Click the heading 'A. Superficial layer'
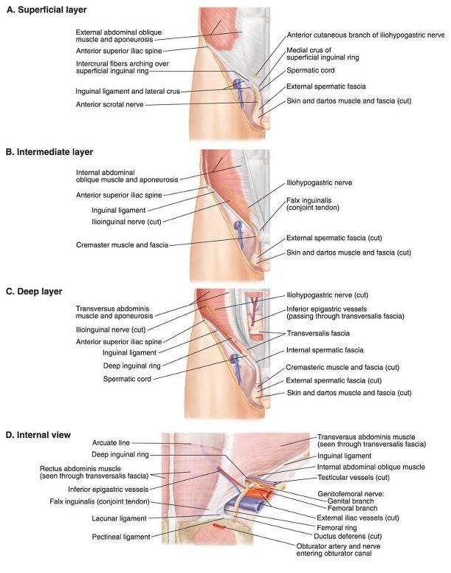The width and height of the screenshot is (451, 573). [46, 10]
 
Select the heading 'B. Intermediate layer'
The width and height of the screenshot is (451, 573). [49, 152]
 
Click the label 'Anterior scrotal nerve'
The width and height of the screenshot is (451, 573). [109, 105]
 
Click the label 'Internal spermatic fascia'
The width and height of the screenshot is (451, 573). [323, 349]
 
